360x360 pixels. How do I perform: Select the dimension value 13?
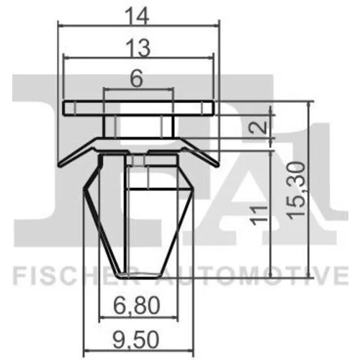(x=138, y=48)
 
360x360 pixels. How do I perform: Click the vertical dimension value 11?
(x=258, y=215)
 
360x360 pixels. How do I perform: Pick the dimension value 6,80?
(x=137, y=305)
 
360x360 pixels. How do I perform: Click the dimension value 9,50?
(x=136, y=339)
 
